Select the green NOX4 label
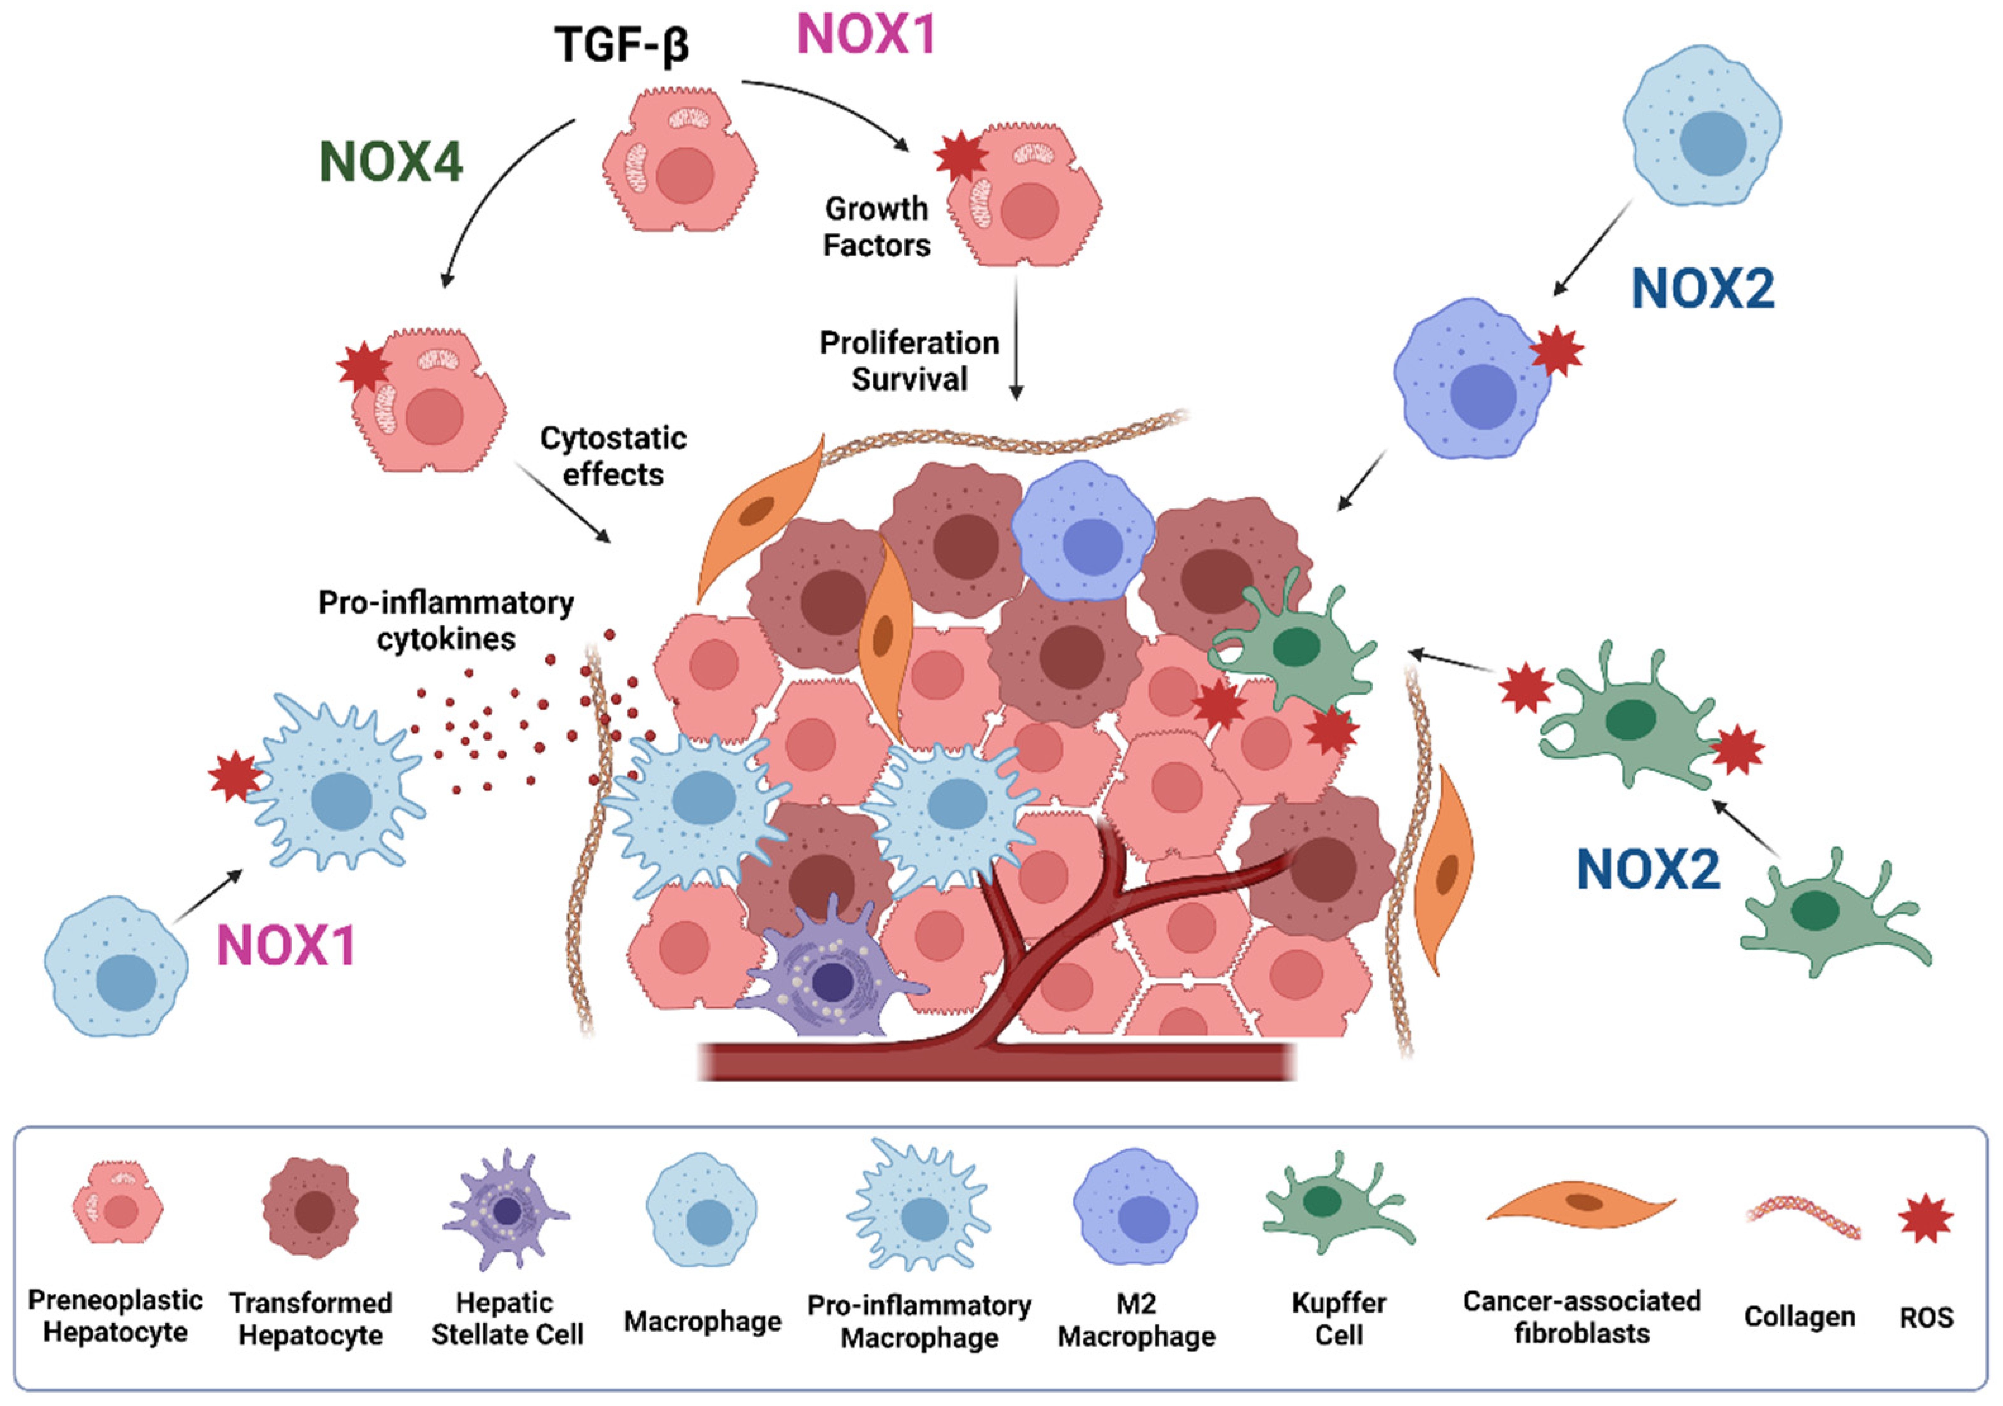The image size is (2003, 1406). (391, 162)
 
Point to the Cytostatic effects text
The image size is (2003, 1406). (613, 456)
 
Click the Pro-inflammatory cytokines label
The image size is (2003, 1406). (446, 620)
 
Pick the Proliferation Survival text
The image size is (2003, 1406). (909, 361)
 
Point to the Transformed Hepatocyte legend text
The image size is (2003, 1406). (310, 1319)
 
